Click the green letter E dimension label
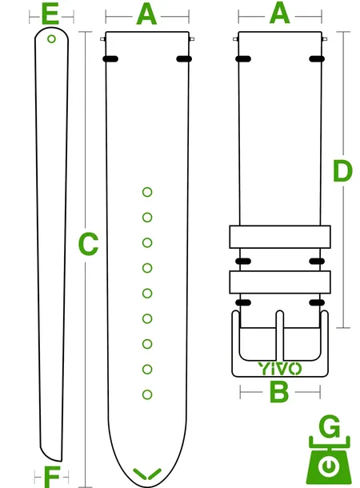(50, 14)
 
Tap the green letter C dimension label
(88, 244)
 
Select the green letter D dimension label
(342, 171)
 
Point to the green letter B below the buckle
(279, 392)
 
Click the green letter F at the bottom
(52, 477)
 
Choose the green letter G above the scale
(330, 426)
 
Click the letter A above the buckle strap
(279, 14)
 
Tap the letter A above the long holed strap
(146, 14)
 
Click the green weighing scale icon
(329, 460)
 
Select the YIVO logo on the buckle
(280, 369)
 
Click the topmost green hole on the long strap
(147, 192)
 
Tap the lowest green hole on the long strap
(147, 394)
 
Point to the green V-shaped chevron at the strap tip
(147, 474)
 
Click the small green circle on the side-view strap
(52, 39)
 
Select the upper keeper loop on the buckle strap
(280, 237)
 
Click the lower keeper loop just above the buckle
(280, 282)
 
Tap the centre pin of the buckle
(280, 335)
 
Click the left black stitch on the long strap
(110, 59)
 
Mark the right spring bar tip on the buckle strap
(325, 39)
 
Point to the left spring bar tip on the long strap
(103, 39)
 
